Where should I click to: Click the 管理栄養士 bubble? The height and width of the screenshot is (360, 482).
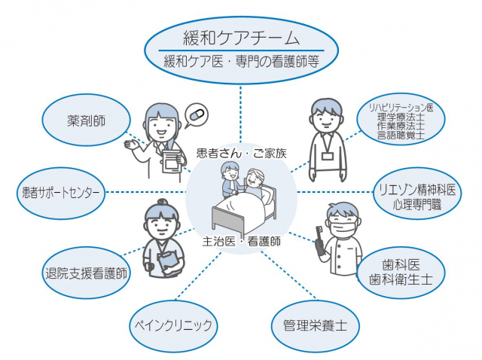315,326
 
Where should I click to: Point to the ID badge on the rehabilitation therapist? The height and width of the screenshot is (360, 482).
327,157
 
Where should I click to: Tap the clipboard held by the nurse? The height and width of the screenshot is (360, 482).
168,261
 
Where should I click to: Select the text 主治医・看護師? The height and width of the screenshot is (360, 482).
242,242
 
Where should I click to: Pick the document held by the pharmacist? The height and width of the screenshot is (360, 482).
172,158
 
